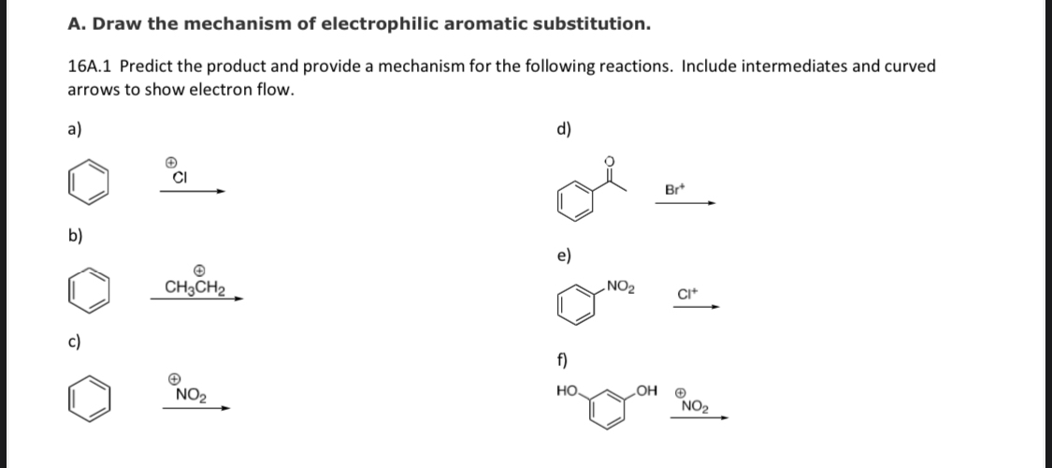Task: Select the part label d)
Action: [x=564, y=129]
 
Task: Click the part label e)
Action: [x=564, y=255]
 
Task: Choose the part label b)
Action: [x=76, y=235]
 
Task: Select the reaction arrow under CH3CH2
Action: [x=199, y=300]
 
